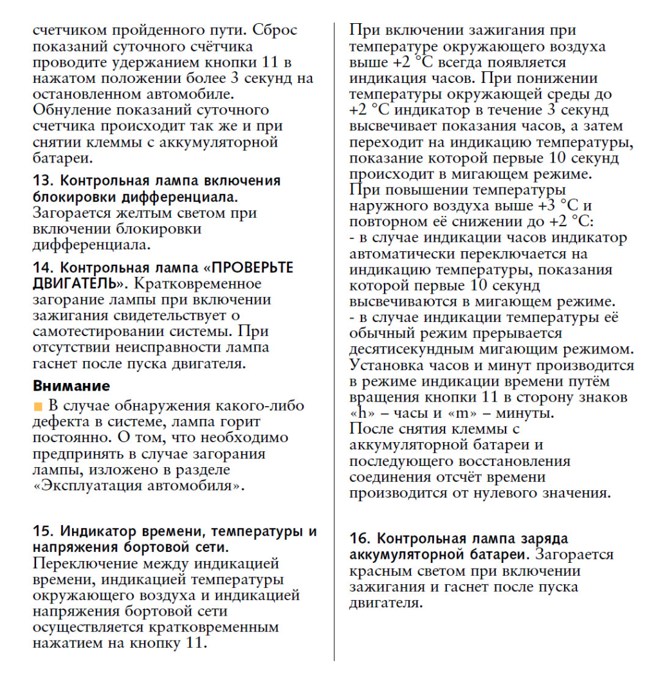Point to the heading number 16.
coord(360,538)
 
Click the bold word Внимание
coord(71,386)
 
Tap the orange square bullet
coord(37,407)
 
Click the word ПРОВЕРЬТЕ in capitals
coord(253,268)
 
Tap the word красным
coord(379,571)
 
